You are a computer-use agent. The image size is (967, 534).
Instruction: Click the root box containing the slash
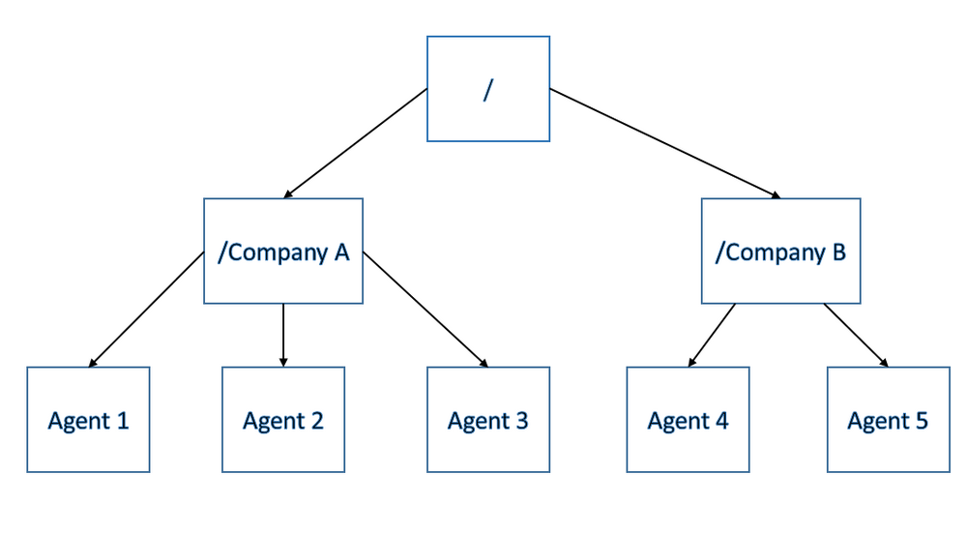click(488, 89)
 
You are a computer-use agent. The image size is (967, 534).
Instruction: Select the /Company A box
click(283, 251)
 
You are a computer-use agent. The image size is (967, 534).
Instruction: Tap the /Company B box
click(780, 251)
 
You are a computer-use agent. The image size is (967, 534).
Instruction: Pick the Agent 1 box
click(88, 420)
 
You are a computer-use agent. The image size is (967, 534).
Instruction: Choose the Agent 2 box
click(283, 420)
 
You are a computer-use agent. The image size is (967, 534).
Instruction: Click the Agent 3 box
click(488, 420)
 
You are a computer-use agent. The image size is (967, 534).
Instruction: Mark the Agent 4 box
click(688, 420)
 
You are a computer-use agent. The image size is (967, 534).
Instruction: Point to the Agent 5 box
click(888, 420)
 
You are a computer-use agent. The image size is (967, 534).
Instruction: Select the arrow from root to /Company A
click(355, 143)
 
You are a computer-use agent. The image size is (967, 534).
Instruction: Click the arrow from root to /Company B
click(665, 143)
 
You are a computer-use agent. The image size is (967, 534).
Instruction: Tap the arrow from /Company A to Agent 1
click(146, 309)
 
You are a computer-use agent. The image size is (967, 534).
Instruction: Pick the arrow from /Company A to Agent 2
click(283, 336)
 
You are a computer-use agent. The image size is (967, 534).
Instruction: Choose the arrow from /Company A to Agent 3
click(425, 309)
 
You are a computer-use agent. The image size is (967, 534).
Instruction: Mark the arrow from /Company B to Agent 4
click(712, 336)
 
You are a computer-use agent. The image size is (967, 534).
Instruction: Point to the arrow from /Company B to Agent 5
click(856, 336)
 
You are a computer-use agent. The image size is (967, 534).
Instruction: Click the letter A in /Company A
click(341, 252)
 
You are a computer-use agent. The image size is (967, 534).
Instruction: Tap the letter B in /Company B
click(838, 252)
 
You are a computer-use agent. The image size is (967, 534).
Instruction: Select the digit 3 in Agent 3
click(522, 421)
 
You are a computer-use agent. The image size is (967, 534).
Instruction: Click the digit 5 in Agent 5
click(922, 421)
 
